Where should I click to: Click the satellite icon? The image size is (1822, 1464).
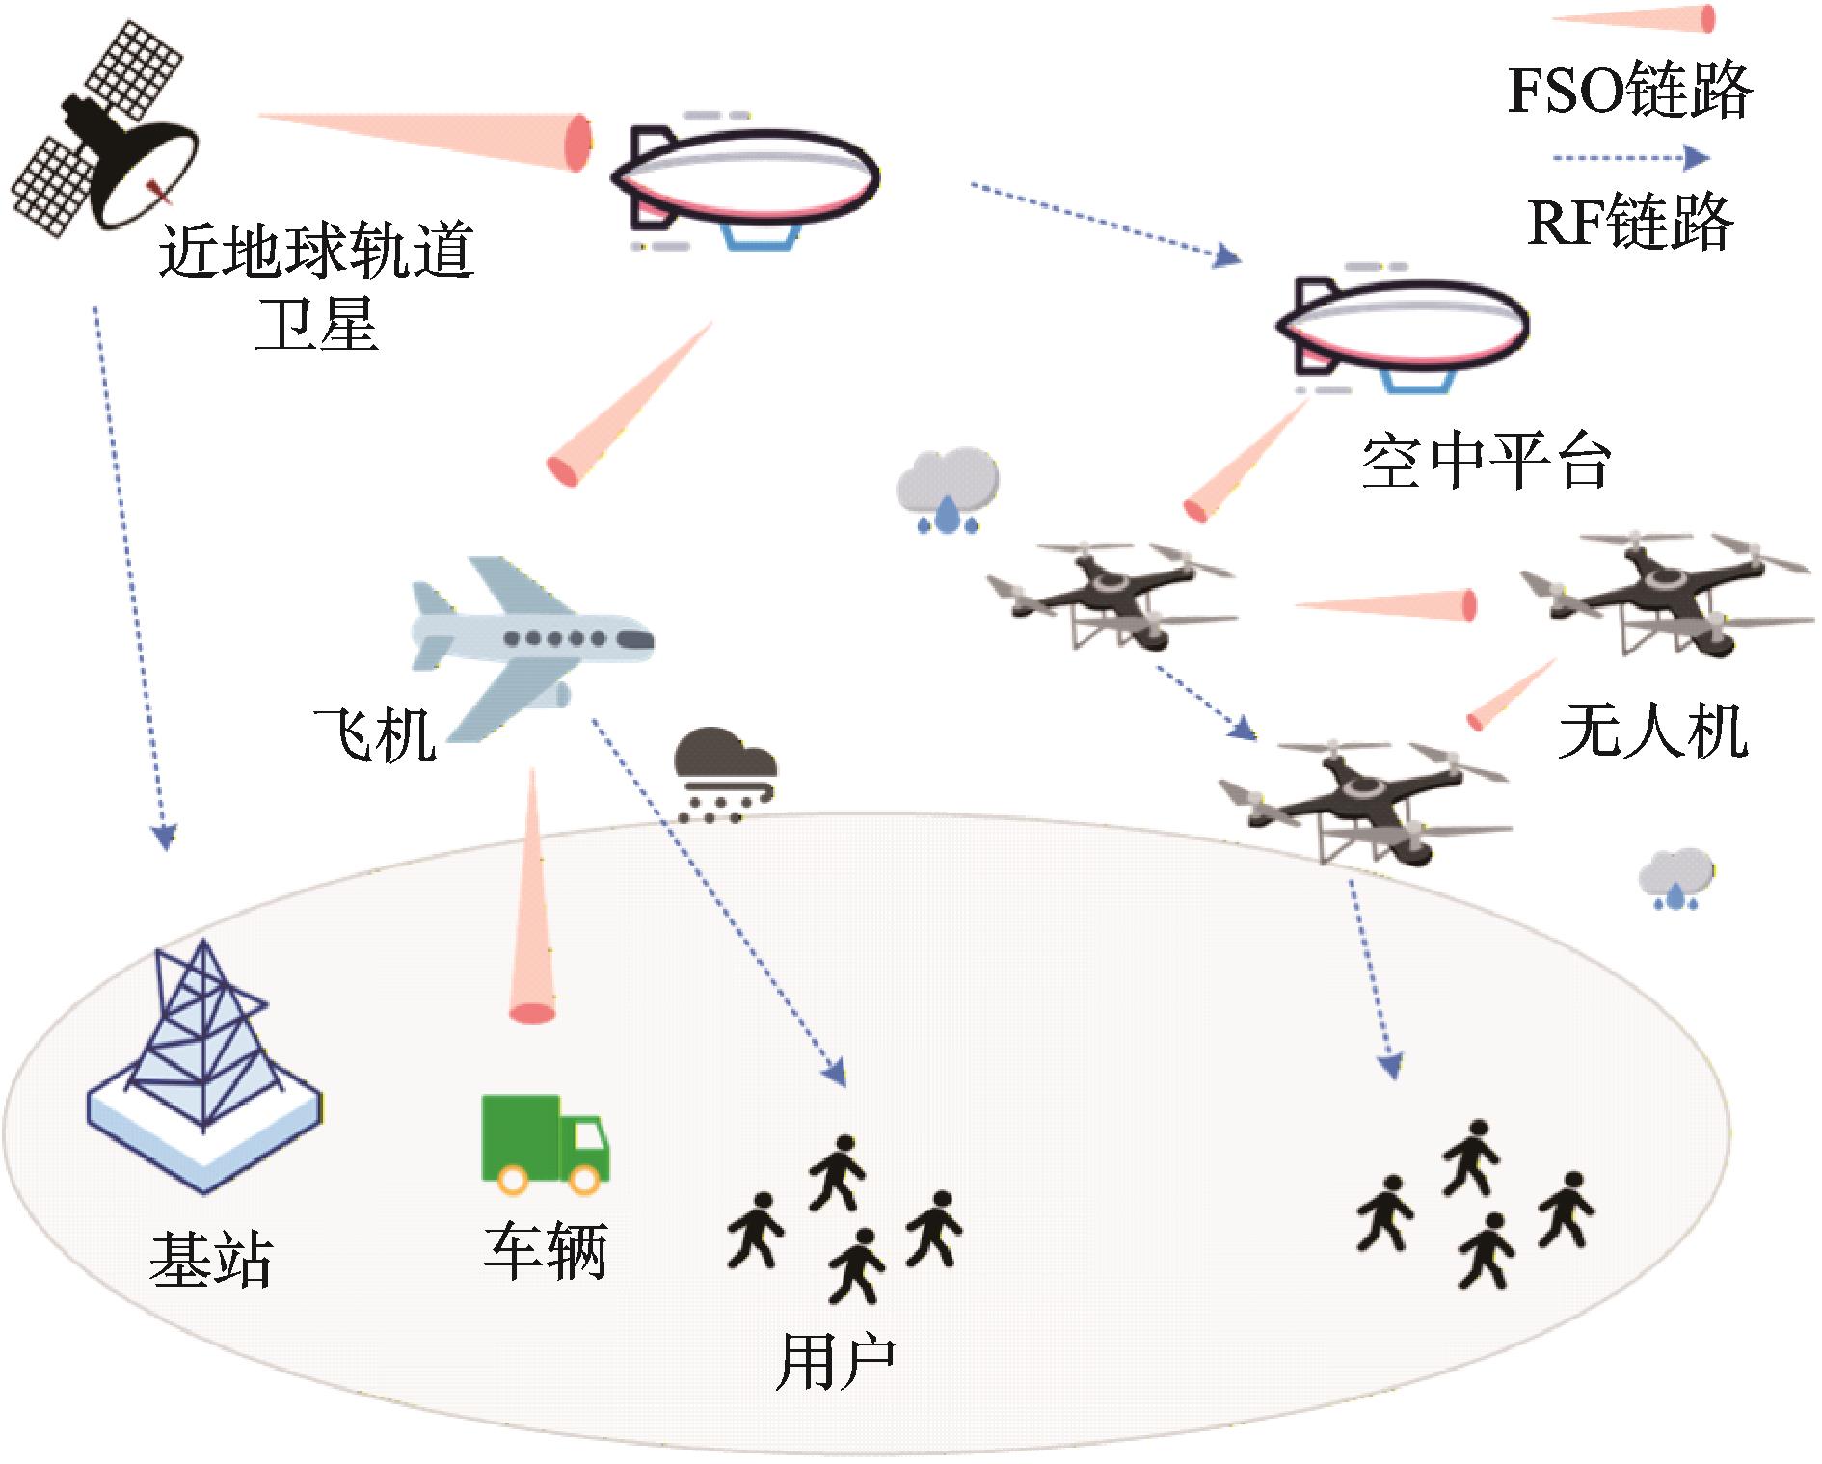tap(106, 130)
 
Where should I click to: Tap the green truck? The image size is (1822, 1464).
tap(544, 1143)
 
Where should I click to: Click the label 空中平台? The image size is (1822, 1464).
tap(1486, 464)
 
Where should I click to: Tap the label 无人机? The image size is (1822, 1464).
tap(1652, 732)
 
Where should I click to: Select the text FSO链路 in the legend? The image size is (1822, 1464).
tap(1628, 92)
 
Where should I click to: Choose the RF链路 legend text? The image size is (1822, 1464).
tap(1630, 222)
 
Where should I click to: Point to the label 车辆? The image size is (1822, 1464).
tap(545, 1252)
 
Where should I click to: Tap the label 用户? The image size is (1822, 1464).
tap(835, 1362)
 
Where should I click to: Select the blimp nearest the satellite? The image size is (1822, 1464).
tap(742, 178)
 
